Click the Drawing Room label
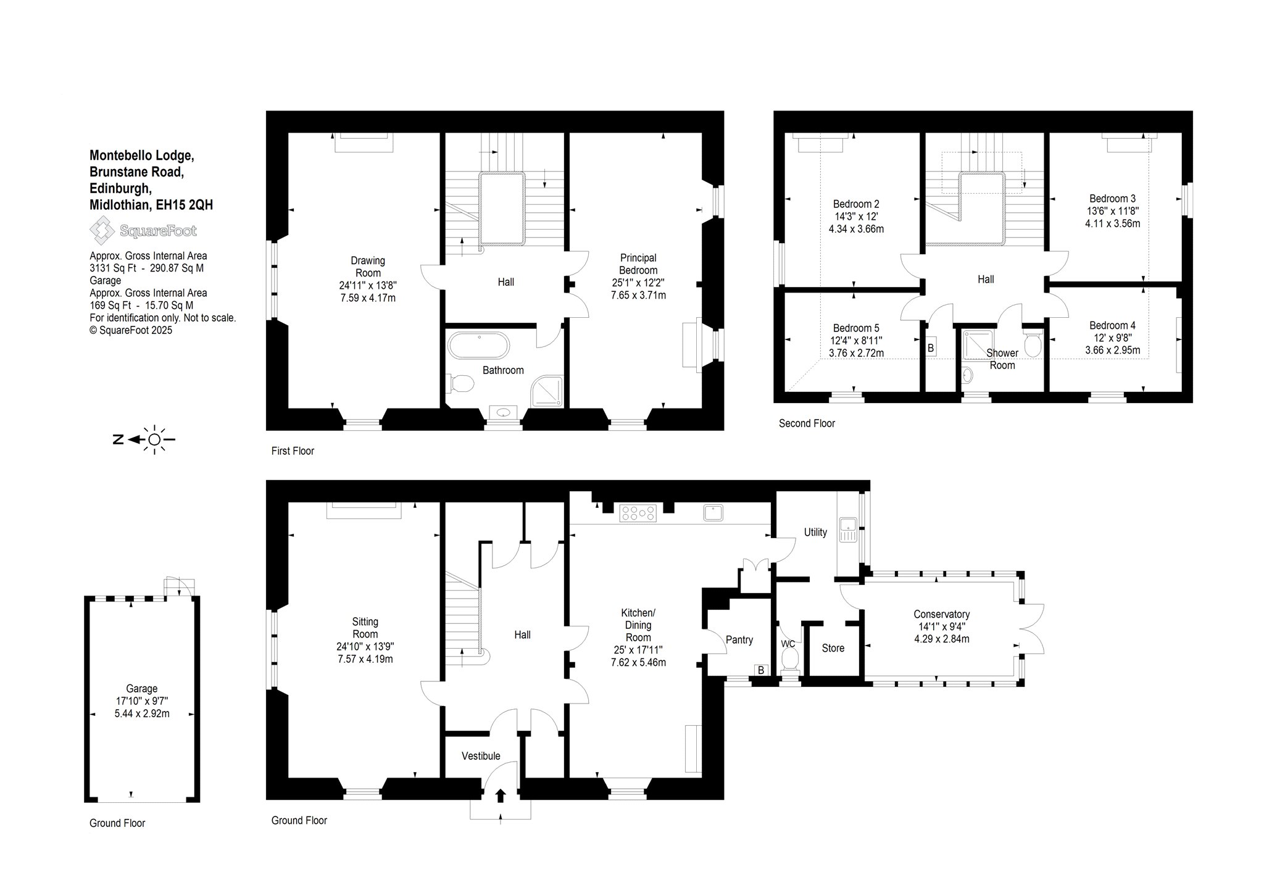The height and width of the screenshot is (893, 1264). pyautogui.click(x=368, y=267)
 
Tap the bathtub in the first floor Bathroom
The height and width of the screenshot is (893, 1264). pyautogui.click(x=478, y=346)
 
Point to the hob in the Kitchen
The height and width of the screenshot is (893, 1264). pyautogui.click(x=639, y=513)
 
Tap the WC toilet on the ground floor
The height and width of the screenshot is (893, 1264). pyautogui.click(x=789, y=661)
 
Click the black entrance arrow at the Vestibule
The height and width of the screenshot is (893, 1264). pyautogui.click(x=500, y=796)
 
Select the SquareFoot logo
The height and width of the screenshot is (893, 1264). pyautogui.click(x=143, y=231)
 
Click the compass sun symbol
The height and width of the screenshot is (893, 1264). pyautogui.click(x=154, y=439)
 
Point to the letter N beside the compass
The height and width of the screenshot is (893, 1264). pyautogui.click(x=117, y=439)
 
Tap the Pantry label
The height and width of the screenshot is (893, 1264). pyautogui.click(x=739, y=640)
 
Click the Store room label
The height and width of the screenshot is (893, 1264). pyautogui.click(x=833, y=648)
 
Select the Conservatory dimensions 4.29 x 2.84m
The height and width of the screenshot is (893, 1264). pyautogui.click(x=941, y=639)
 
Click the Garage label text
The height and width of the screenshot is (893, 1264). pyautogui.click(x=142, y=688)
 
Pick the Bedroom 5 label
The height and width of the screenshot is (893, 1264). pyautogui.click(x=856, y=328)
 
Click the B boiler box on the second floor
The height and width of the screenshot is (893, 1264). pyautogui.click(x=931, y=348)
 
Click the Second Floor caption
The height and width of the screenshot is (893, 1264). pyautogui.click(x=807, y=423)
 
